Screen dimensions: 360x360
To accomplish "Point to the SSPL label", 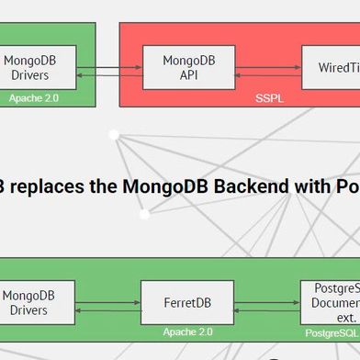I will coord(269,96).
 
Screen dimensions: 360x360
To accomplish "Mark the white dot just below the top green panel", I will coord(114,135).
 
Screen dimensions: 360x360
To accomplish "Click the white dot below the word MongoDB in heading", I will coord(144,215).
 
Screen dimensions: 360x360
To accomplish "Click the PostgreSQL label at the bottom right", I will coord(332,332).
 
